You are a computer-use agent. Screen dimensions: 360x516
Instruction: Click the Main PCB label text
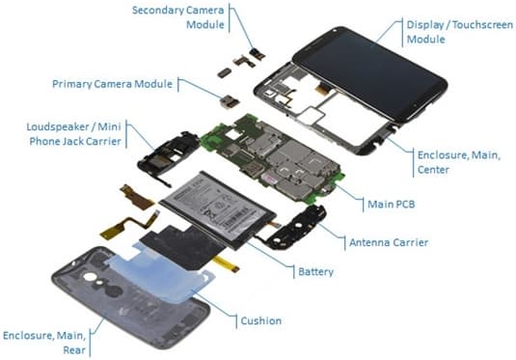392,205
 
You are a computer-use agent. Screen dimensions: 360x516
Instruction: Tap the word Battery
316,271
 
